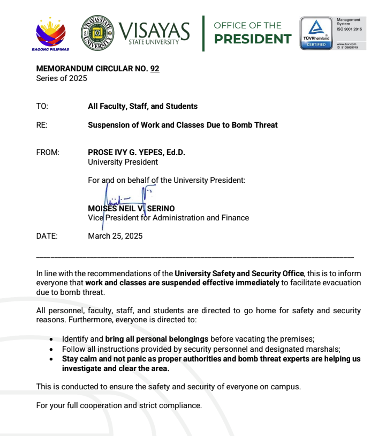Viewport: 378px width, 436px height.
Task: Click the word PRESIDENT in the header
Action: point(252,39)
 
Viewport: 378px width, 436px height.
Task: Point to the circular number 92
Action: point(155,69)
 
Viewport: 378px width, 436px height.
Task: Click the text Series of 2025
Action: point(62,78)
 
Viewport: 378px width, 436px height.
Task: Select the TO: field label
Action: point(42,106)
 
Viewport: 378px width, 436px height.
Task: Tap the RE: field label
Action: point(42,125)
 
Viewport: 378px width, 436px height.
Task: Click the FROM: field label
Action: point(48,152)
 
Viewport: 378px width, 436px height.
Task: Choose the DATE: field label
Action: point(47,235)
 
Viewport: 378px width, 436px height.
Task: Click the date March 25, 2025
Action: point(115,235)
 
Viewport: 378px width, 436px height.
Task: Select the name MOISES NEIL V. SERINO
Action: point(131,208)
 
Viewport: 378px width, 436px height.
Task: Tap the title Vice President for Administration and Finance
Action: point(168,218)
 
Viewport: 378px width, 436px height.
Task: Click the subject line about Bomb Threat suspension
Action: point(183,125)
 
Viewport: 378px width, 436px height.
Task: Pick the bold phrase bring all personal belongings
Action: point(157,339)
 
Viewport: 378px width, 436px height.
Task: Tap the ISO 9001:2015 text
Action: point(349,28)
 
